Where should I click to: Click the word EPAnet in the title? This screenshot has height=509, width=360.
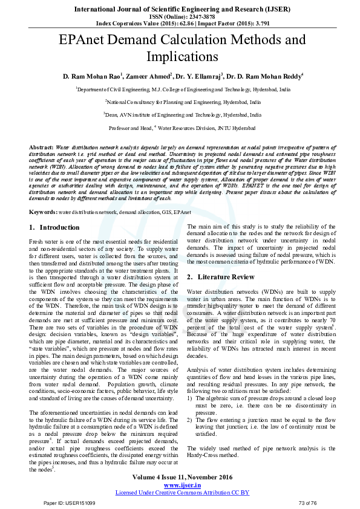(85, 41)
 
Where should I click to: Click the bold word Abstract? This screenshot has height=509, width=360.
(41, 148)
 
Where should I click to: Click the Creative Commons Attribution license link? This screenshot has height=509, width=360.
(183, 493)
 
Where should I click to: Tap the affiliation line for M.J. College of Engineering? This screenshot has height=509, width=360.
(183, 89)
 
